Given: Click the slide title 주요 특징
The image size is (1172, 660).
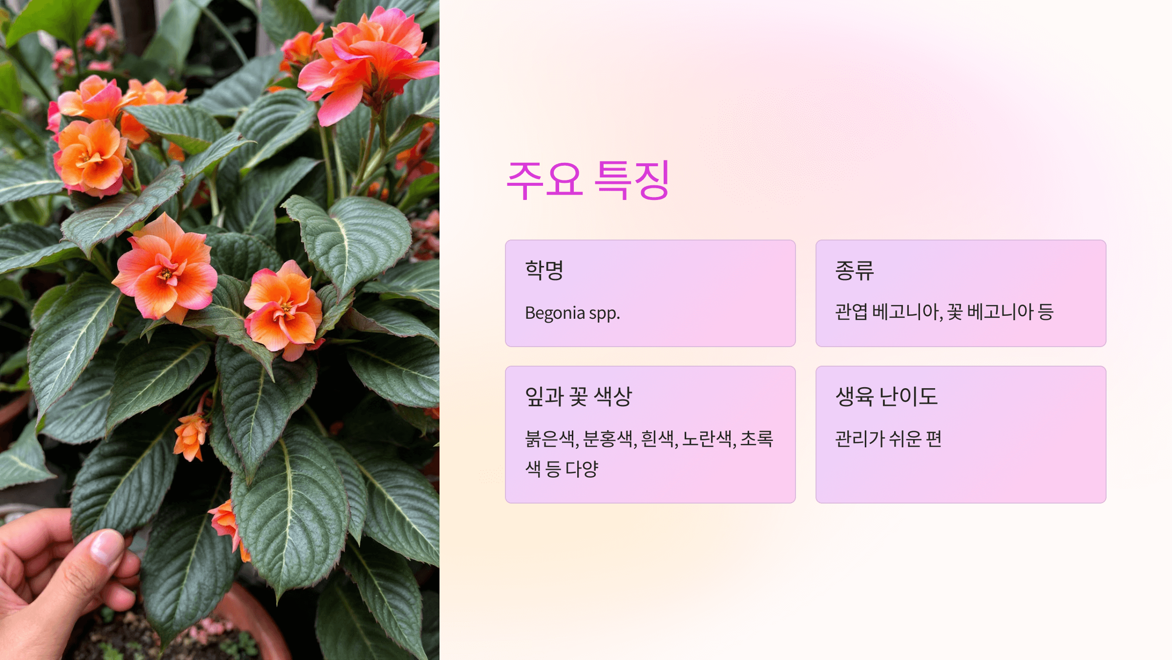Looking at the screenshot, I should click(588, 180).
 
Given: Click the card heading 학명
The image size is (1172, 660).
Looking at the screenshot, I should click(544, 270).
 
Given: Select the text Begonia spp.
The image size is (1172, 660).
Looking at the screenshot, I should click(572, 313).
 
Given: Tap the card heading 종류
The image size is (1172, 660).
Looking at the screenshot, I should click(854, 270).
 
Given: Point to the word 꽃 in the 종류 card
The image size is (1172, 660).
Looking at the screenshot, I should click(954, 312).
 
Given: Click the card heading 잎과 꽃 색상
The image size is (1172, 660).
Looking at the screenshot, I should click(578, 396).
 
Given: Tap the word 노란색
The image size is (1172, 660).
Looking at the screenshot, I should click(704, 439).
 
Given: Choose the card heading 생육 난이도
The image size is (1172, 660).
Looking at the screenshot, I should click(886, 396).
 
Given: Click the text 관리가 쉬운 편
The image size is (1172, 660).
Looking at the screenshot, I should click(888, 439).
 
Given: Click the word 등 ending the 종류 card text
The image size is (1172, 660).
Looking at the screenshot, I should click(1046, 312).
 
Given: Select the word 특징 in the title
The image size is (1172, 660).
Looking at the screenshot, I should click(632, 180).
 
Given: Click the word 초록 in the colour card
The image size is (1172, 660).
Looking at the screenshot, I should click(757, 439).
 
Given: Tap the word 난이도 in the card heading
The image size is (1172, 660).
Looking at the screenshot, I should click(908, 396).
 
